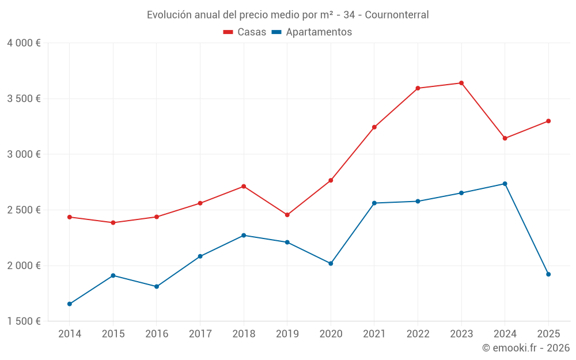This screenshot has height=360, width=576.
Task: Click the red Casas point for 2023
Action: (x=461, y=83)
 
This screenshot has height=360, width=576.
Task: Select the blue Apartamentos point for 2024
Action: (x=505, y=184)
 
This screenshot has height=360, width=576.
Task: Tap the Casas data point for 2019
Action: (x=287, y=215)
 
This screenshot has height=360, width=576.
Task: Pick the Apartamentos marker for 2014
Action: (x=70, y=304)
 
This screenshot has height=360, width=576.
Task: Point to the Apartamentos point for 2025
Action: (x=548, y=274)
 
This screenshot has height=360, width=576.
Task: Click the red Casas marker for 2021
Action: (x=374, y=127)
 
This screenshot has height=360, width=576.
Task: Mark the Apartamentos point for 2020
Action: (x=331, y=263)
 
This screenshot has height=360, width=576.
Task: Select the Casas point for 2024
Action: (x=505, y=138)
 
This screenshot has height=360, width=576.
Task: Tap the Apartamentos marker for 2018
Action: (x=244, y=236)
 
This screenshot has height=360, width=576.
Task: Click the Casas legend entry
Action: (x=245, y=32)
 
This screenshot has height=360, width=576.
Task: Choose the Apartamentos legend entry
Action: (x=312, y=32)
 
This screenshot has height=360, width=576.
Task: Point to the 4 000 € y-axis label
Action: (x=24, y=43)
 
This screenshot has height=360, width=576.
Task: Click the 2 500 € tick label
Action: (x=24, y=210)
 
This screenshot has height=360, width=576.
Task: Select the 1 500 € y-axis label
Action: (x=24, y=321)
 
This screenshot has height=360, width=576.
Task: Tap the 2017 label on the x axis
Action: (x=200, y=334)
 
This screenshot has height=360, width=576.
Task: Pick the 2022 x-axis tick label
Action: (x=418, y=334)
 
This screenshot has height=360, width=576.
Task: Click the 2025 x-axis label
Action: (x=548, y=334)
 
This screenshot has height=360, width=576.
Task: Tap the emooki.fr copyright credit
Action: (x=526, y=348)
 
